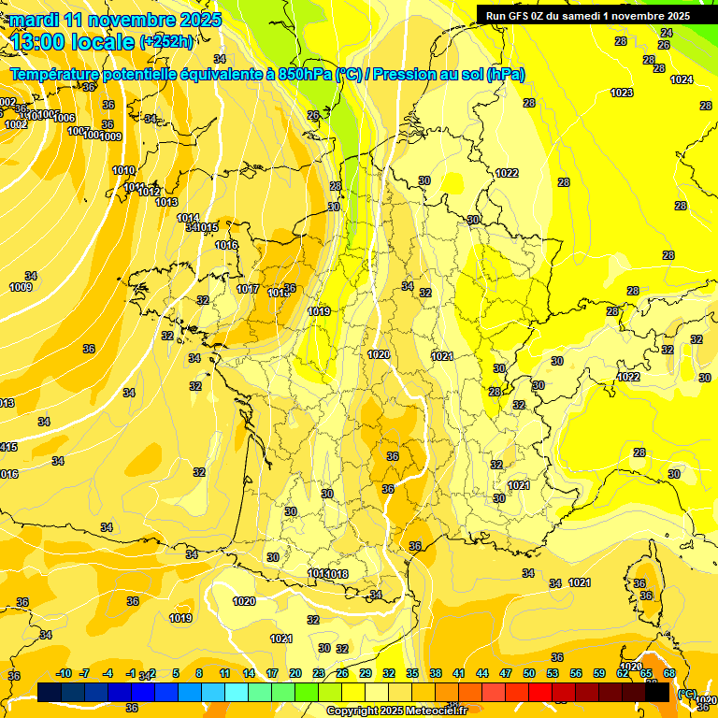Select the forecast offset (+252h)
(x=166, y=41)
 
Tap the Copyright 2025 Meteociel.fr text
(x=396, y=711)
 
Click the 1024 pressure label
(x=682, y=79)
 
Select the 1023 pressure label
(x=621, y=93)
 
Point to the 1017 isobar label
(x=248, y=289)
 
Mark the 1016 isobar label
(x=226, y=245)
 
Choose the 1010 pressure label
(x=123, y=170)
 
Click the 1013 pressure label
(x=166, y=202)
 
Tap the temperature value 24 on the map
(x=666, y=33)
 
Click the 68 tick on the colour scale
(x=669, y=673)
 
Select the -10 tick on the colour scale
(x=64, y=673)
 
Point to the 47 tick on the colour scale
(x=506, y=673)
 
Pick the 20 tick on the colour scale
(x=294, y=673)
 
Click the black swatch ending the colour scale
(x=657, y=692)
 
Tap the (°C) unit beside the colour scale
(x=686, y=694)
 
